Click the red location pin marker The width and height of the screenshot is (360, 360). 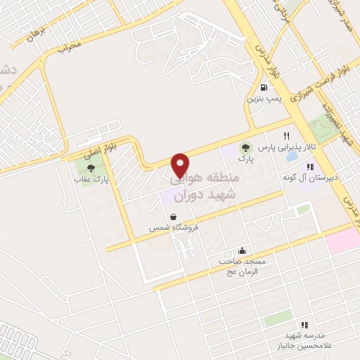tap(180, 165)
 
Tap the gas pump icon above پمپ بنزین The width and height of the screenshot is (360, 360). tap(264, 88)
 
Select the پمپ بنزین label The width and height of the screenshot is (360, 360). tap(263, 99)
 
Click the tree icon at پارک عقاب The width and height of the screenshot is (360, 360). tap(91, 167)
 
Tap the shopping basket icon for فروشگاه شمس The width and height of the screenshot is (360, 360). tap(173, 217)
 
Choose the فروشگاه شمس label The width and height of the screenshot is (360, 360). tap(173, 229)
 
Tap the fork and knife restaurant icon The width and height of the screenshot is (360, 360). tap(286, 135)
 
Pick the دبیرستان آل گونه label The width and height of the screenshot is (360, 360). tap(311, 177)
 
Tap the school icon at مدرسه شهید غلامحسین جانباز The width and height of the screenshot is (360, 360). tap(304, 325)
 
